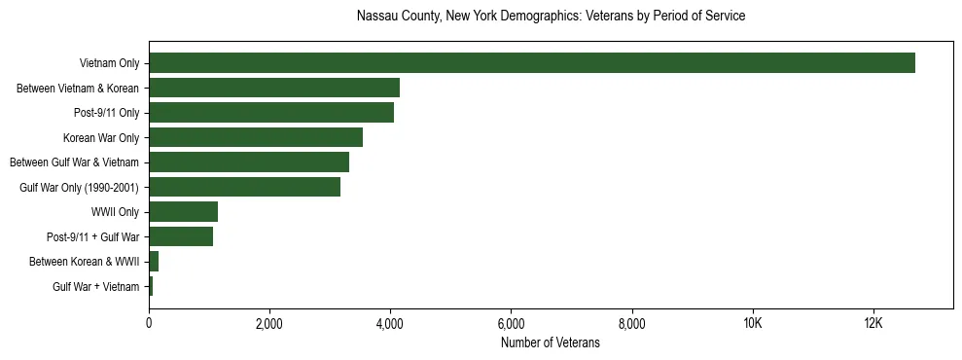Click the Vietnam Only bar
(532, 63)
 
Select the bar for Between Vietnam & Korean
(274, 88)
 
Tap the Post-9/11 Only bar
(271, 113)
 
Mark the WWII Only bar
(183, 211)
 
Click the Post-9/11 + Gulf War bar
(181, 236)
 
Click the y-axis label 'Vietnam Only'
(109, 64)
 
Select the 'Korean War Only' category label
(101, 138)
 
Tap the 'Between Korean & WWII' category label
(84, 262)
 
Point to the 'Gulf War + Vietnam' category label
(95, 286)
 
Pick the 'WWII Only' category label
(116, 212)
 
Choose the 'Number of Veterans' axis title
(550, 342)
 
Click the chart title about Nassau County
(551, 17)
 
